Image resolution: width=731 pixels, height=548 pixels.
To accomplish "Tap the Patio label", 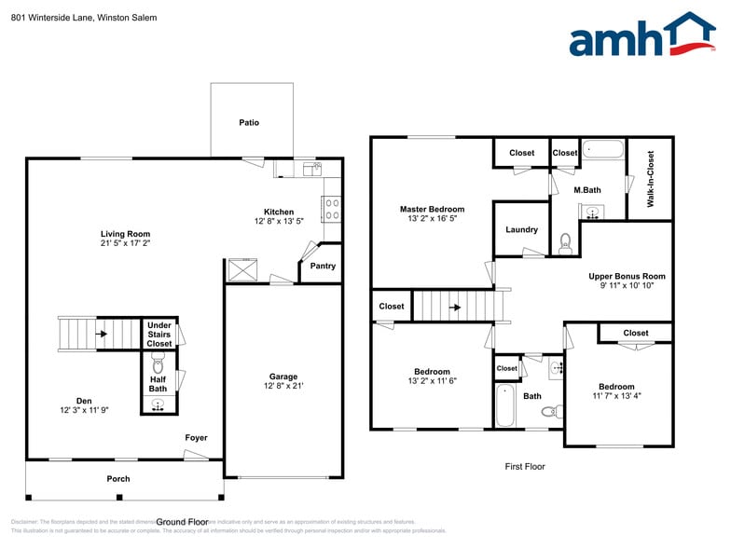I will click(x=249, y=122).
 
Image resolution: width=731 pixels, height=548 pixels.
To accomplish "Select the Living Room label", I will click(x=126, y=234).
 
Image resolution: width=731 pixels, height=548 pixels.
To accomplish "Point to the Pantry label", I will click(x=323, y=267).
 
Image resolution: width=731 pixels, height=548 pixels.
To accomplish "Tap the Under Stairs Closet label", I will click(x=159, y=335).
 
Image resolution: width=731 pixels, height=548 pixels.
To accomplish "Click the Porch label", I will click(x=118, y=479).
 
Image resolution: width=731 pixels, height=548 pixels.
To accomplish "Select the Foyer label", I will click(x=196, y=438).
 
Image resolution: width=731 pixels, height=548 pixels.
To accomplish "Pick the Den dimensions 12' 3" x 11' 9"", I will click(x=85, y=410).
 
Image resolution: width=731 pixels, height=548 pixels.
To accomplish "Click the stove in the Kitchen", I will click(x=331, y=208).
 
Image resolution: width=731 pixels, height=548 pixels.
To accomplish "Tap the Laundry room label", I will click(x=521, y=229).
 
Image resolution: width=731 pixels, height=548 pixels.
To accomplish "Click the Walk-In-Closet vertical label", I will click(x=650, y=178).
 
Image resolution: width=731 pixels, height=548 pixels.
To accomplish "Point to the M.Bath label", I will click(x=587, y=190).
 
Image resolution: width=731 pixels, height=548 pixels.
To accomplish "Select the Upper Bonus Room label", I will click(x=627, y=276).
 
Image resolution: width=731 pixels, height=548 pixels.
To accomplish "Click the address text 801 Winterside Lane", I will click(x=52, y=18).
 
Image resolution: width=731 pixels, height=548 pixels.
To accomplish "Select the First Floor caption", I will click(x=525, y=466).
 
